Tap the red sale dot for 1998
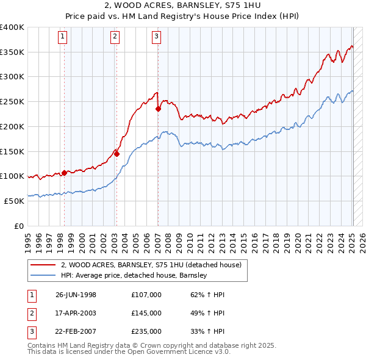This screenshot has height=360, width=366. point(64,173)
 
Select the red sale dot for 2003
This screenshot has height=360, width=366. point(117,154)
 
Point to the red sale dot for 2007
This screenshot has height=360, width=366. point(158,109)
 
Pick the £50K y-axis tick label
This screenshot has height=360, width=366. point(14,201)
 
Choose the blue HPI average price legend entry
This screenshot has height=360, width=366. point(134,275)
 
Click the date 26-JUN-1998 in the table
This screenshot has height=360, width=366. point(76,295)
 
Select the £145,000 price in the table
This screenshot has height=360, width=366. point(146,313)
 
